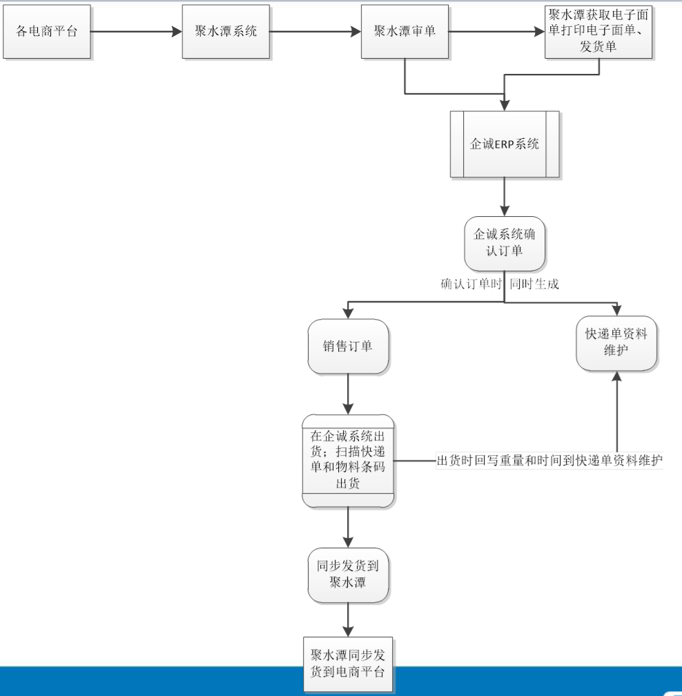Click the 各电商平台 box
point(47,32)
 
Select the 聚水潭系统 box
point(226,32)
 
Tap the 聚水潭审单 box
point(405,32)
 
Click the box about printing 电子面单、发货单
point(598,32)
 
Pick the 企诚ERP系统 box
point(504,144)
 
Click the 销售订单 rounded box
point(347,346)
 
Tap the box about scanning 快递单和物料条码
point(347,461)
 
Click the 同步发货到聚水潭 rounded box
point(347,574)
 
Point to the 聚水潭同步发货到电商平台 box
point(347,664)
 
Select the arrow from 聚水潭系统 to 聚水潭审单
point(315,32)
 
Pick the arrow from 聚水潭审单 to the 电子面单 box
point(496,32)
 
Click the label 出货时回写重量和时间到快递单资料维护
point(549,461)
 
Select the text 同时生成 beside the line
point(534,284)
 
